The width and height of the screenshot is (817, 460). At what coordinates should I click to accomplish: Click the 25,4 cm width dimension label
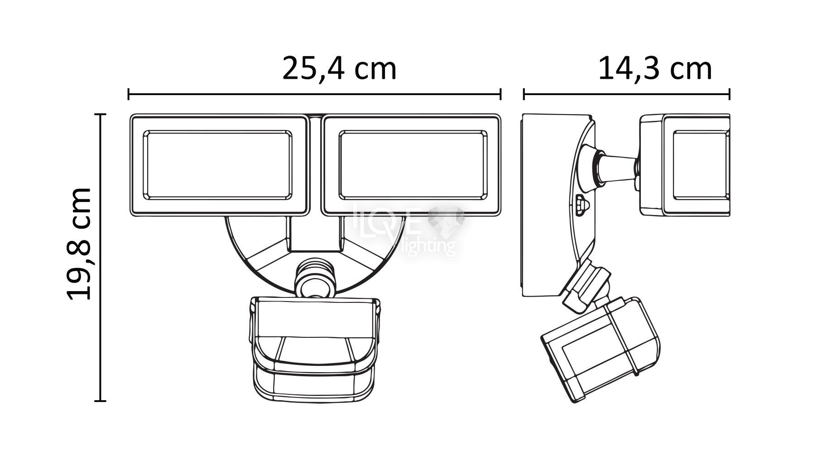point(340,69)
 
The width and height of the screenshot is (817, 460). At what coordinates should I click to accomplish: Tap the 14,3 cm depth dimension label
point(655,69)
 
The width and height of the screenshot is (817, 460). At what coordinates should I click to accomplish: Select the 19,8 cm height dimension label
point(80,244)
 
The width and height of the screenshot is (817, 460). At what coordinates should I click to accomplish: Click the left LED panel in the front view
point(218,165)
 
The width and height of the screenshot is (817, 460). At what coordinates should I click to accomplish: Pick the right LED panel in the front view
point(412,165)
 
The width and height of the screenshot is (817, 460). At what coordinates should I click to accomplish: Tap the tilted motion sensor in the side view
point(601,347)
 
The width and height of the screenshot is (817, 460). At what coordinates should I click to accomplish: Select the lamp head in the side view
point(684,165)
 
